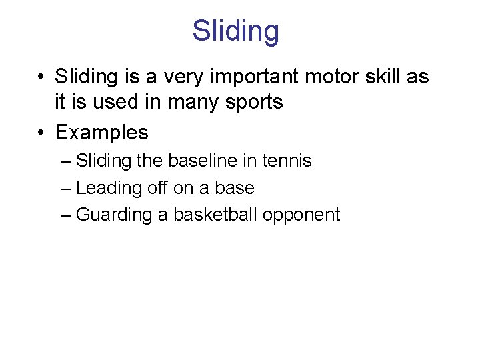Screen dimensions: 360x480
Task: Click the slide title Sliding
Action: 236,31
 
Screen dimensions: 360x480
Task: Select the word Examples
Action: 101,132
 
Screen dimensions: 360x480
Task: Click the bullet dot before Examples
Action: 42,132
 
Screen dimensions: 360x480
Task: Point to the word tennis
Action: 286,161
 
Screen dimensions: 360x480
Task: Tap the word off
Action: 158,188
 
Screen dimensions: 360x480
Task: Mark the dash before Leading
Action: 65,188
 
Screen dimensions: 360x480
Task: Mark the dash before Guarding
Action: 65,215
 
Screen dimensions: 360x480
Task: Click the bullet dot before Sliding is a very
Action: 42,77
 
